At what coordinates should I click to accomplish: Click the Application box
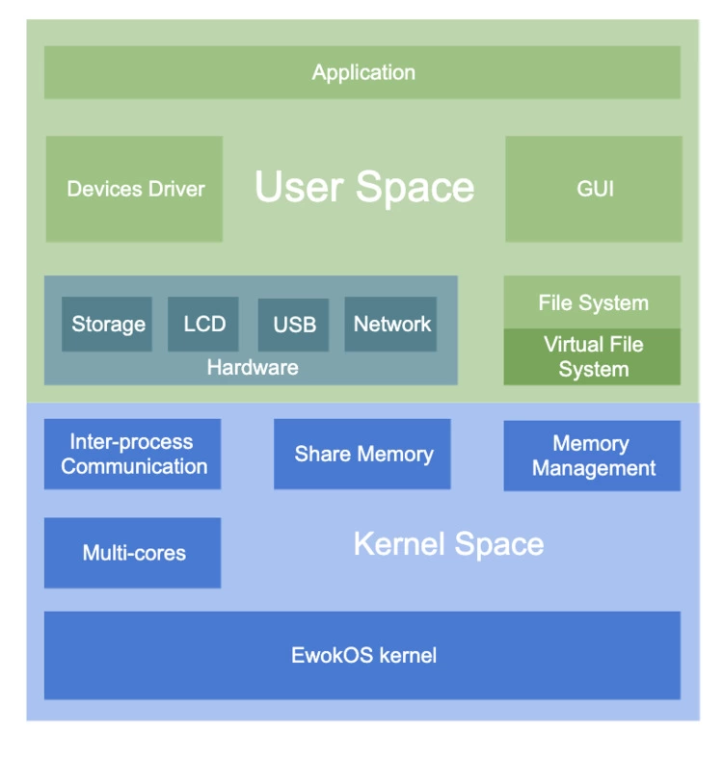[362, 72]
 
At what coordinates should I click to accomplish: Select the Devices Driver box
[134, 189]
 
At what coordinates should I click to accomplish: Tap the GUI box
[594, 189]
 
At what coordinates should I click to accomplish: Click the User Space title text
[364, 187]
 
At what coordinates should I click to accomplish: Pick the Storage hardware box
[108, 324]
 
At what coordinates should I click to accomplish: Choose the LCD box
[203, 324]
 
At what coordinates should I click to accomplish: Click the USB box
[294, 325]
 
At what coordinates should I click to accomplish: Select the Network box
[391, 324]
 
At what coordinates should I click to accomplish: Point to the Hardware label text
[252, 367]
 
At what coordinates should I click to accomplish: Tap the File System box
[593, 302]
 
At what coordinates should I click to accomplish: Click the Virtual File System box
[593, 357]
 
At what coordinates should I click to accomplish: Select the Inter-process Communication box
[133, 454]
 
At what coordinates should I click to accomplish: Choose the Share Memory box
[362, 454]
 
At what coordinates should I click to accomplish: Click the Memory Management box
[593, 456]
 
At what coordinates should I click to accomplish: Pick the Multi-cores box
[133, 553]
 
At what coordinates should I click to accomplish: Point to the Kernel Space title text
[448, 544]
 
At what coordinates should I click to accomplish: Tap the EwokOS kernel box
[362, 656]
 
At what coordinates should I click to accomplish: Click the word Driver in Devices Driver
[174, 189]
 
